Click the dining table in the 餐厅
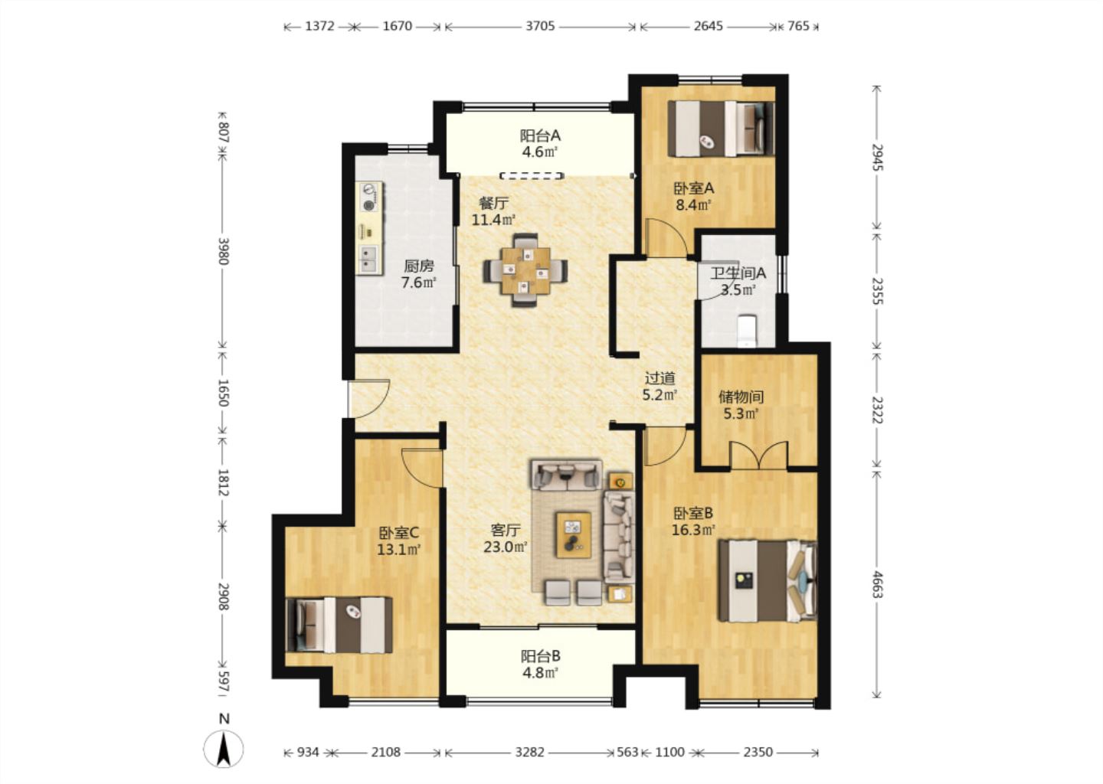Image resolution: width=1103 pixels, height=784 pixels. click(525, 271)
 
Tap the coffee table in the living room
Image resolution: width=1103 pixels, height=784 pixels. click(574, 535)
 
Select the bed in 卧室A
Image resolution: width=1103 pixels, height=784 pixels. click(721, 129)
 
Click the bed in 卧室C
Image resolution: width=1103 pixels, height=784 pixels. click(339, 625)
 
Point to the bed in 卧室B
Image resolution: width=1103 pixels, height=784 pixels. click(768, 581)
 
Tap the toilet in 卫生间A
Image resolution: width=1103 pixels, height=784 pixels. click(747, 331)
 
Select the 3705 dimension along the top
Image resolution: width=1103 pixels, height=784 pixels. click(540, 26)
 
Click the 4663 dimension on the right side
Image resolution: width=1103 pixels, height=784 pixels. click(876, 584)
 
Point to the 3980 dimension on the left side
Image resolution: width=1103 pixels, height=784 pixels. click(223, 251)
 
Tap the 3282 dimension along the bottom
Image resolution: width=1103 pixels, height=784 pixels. click(529, 752)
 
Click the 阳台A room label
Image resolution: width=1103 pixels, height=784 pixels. click(540, 135)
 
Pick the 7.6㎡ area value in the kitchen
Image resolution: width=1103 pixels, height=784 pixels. click(418, 283)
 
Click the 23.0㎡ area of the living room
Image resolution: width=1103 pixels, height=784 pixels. click(506, 547)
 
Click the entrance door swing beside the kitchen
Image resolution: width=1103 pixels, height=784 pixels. click(369, 399)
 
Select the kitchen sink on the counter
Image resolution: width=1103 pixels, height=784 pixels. click(368, 260)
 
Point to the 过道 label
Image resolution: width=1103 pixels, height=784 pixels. click(660, 378)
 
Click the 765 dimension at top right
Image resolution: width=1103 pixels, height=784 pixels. click(798, 26)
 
